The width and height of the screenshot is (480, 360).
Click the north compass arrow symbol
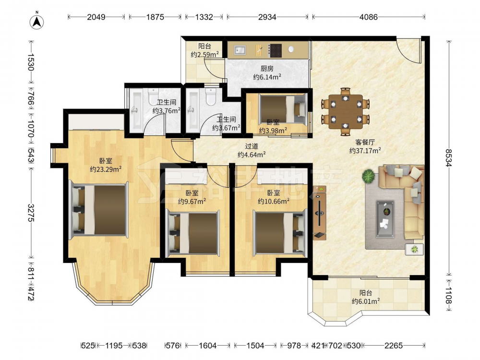pos(37,22)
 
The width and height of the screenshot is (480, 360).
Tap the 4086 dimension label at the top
pos(368,17)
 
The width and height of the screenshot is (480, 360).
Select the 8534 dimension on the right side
pos(448,158)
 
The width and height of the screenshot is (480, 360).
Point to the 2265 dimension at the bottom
pos(394,346)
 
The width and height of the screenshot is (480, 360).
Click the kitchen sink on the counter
pos(240,49)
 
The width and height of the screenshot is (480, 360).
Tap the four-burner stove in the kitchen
pos(275,50)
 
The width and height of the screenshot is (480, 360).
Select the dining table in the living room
pos(345,111)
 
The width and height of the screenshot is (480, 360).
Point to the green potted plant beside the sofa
pos(368,176)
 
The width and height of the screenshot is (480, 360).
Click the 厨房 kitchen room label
pos(267,69)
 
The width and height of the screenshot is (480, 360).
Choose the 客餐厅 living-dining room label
pos(365,142)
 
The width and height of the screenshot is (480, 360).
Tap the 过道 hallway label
pos(252,146)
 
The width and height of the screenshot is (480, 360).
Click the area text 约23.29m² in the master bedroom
pos(106,169)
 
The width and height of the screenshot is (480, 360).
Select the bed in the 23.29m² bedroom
pos(98,210)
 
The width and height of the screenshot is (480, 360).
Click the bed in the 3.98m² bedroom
pos(283,109)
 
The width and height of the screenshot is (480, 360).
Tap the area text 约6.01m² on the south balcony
pos(365,301)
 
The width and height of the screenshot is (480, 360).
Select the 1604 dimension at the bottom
pos(207,346)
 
